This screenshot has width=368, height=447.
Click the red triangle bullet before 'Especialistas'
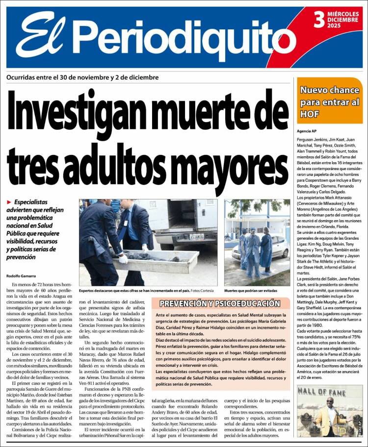[x=9, y=202]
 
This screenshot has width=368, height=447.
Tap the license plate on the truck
[x=197, y=236]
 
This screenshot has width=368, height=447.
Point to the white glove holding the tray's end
[x=123, y=259]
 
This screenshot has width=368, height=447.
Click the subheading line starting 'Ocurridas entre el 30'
[x=82, y=77]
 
